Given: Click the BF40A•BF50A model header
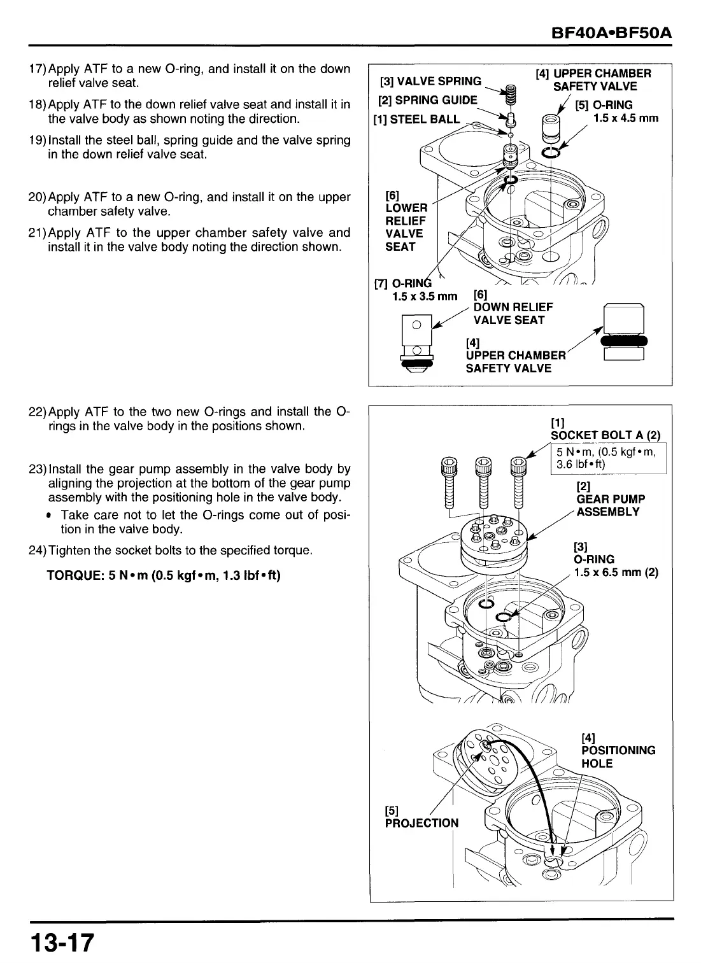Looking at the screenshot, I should (612, 32).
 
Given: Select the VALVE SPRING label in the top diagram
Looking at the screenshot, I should (430, 81).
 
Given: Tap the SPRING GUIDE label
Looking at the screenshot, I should (427, 100).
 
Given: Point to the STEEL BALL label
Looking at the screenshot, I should (417, 119).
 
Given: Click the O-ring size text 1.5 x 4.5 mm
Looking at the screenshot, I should (625, 118).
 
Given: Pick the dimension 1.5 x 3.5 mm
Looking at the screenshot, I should (425, 296).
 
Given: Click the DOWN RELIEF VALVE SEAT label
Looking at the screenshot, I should (513, 314).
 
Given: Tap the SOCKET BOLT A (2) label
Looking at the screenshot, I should (605, 435).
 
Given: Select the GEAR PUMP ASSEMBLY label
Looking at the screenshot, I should (610, 505).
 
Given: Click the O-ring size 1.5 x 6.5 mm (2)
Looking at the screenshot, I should (615, 572).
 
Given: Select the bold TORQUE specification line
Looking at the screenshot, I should (164, 575).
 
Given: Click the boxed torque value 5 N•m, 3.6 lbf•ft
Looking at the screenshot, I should (607, 458).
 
